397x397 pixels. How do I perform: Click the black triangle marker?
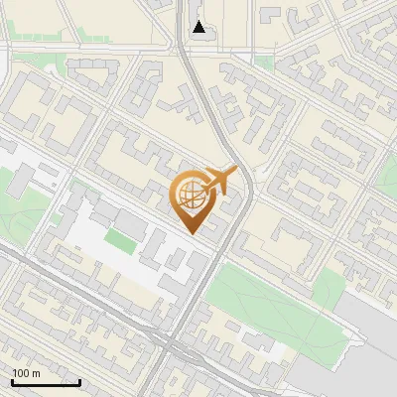tap(199, 27)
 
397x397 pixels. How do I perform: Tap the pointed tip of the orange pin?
tap(192, 231)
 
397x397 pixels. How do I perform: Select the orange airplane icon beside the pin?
tap(220, 180)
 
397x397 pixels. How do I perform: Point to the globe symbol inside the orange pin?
tap(191, 195)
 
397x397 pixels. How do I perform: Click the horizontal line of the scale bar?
tap(46, 381)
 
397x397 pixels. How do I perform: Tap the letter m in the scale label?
tap(36, 373)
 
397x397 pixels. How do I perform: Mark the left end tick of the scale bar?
tap(12, 380)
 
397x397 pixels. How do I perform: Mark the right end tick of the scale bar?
tap(79, 380)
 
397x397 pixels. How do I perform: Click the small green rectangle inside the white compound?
tap(123, 239)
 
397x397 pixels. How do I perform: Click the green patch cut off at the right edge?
tap(389, 179)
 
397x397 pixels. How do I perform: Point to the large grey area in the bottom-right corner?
tap(367, 342)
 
